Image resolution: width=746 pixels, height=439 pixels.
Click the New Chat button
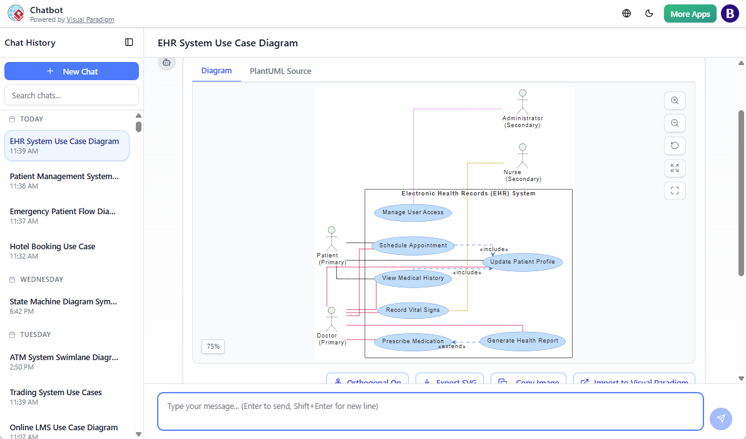pyautogui.click(x=71, y=71)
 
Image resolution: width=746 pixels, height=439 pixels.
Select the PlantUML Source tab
pyautogui.click(x=280, y=71)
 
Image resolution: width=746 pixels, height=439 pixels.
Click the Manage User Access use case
pyautogui.click(x=413, y=212)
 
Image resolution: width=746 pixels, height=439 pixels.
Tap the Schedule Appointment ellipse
pyautogui.click(x=413, y=245)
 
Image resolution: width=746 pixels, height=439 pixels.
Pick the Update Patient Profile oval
pyautogui.click(x=523, y=262)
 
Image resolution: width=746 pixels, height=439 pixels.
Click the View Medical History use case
pyautogui.click(x=413, y=278)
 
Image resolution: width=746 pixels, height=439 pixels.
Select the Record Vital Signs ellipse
pyautogui.click(x=413, y=310)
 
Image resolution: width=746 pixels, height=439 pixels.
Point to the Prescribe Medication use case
pyautogui.click(x=413, y=341)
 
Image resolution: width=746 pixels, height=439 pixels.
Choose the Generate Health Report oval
pyautogui.click(x=523, y=341)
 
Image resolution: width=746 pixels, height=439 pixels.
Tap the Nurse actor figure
pyautogui.click(x=522, y=156)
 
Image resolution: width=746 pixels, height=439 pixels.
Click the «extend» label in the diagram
pyautogui.click(x=452, y=347)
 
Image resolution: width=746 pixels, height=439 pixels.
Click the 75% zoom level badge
pyautogui.click(x=213, y=346)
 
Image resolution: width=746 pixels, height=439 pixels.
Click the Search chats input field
pyautogui.click(x=71, y=95)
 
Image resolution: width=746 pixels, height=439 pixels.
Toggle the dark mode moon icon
pyautogui.click(x=649, y=13)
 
